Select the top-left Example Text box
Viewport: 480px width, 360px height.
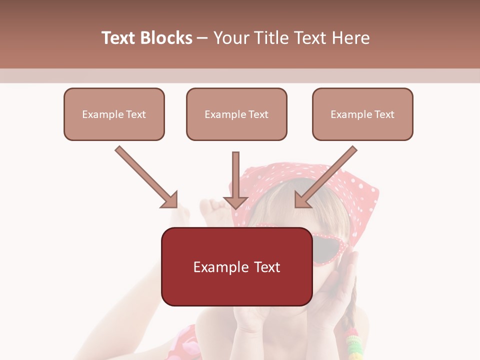(x=114, y=114)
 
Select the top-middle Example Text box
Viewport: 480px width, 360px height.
(x=236, y=114)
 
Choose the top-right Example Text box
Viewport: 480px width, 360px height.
(x=362, y=114)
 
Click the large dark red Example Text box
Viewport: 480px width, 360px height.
(x=236, y=266)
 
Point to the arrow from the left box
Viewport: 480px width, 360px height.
(x=145, y=176)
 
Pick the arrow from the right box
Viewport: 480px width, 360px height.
(x=327, y=176)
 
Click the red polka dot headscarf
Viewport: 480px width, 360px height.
(x=350, y=190)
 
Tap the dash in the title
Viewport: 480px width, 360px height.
(x=203, y=38)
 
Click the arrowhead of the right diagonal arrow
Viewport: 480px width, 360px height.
(x=302, y=199)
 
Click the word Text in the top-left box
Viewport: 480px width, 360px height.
(x=136, y=114)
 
